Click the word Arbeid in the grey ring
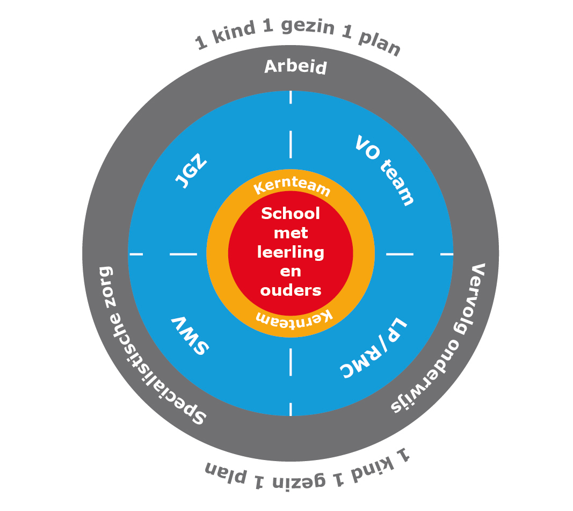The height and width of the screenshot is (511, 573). [x=295, y=67]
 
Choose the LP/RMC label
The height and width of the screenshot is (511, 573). [x=373, y=348]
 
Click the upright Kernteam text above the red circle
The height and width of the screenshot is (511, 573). [x=292, y=186]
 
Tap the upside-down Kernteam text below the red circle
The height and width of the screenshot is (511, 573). [x=294, y=318]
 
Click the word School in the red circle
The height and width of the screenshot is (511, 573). [x=291, y=213]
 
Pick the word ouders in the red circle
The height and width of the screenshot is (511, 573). [x=291, y=290]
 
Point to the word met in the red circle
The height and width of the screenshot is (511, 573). [x=291, y=233]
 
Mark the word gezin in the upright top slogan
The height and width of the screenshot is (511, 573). [x=308, y=26]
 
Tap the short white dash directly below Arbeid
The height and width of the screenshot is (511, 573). [x=291, y=97]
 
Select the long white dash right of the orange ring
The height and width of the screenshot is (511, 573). [x=400, y=254]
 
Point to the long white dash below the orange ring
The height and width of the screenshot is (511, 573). [x=291, y=362]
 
